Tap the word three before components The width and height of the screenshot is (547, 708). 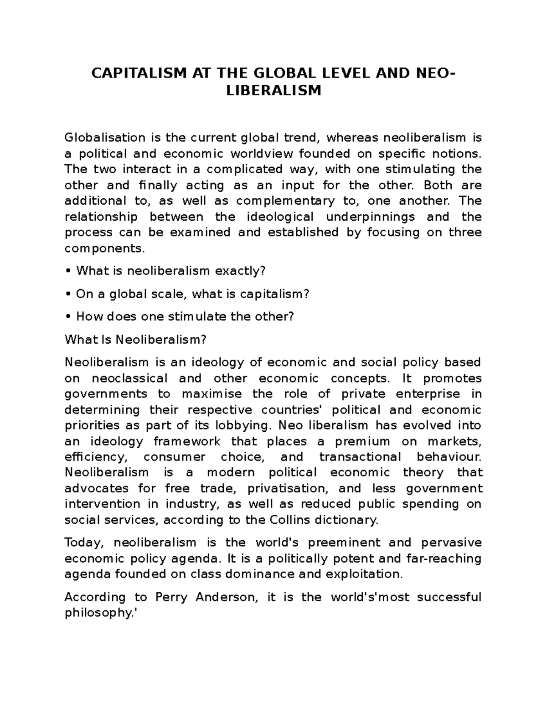click(x=465, y=233)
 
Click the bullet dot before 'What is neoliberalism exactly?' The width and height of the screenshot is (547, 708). click(x=68, y=271)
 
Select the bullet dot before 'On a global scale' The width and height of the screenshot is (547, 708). click(x=68, y=295)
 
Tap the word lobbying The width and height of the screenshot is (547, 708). click(x=244, y=425)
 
